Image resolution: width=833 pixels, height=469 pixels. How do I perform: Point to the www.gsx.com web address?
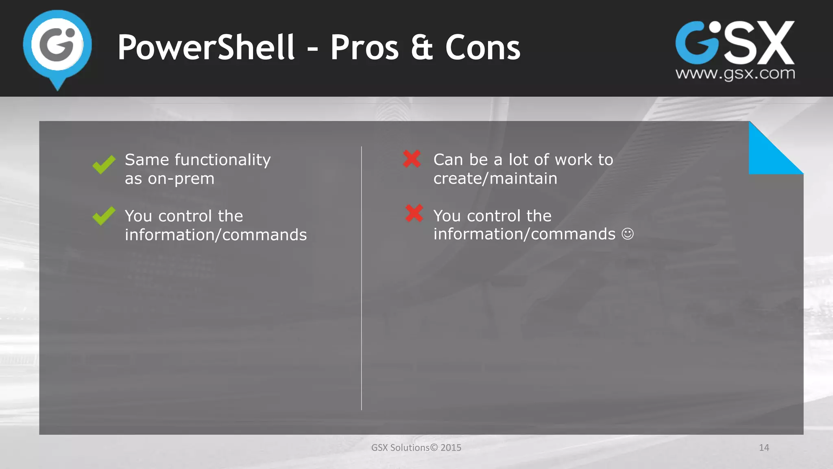point(735,74)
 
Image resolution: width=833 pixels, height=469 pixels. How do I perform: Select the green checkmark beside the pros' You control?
point(104,215)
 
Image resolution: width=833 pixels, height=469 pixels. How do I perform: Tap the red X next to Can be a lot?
point(412,159)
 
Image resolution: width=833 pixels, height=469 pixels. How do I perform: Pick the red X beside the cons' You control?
point(414,213)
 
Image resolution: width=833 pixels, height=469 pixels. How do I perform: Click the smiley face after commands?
point(628,234)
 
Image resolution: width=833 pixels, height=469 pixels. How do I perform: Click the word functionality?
point(222,160)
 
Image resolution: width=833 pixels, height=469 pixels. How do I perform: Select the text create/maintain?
point(495,179)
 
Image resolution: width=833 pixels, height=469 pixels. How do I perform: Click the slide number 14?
point(764,447)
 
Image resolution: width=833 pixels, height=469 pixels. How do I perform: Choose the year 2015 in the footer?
point(451,447)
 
